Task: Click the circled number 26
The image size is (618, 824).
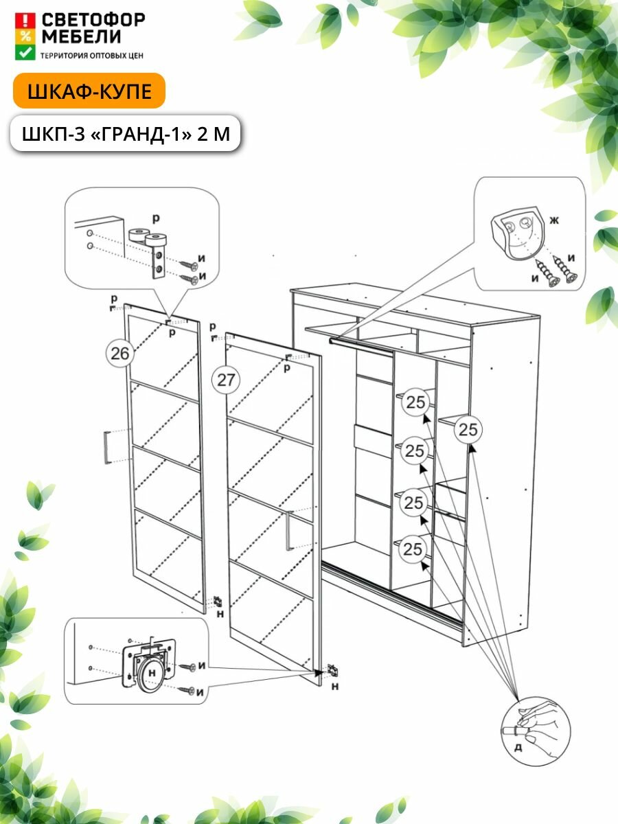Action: tap(119, 354)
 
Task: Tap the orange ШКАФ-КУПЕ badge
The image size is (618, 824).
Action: tap(89, 92)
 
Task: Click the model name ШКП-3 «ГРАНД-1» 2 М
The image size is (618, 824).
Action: tap(126, 133)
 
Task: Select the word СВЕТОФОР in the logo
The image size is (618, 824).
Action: tap(93, 20)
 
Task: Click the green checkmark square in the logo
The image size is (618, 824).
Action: tap(25, 52)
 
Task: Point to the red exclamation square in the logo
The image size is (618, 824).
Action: tap(25, 19)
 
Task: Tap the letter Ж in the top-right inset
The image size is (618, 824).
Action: tap(554, 221)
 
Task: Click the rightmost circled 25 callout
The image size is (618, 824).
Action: tap(468, 430)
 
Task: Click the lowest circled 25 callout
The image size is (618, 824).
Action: tap(413, 549)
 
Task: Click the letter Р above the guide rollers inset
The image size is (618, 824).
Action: tap(156, 218)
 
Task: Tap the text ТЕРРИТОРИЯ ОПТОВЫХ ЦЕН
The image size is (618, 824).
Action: tap(92, 54)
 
